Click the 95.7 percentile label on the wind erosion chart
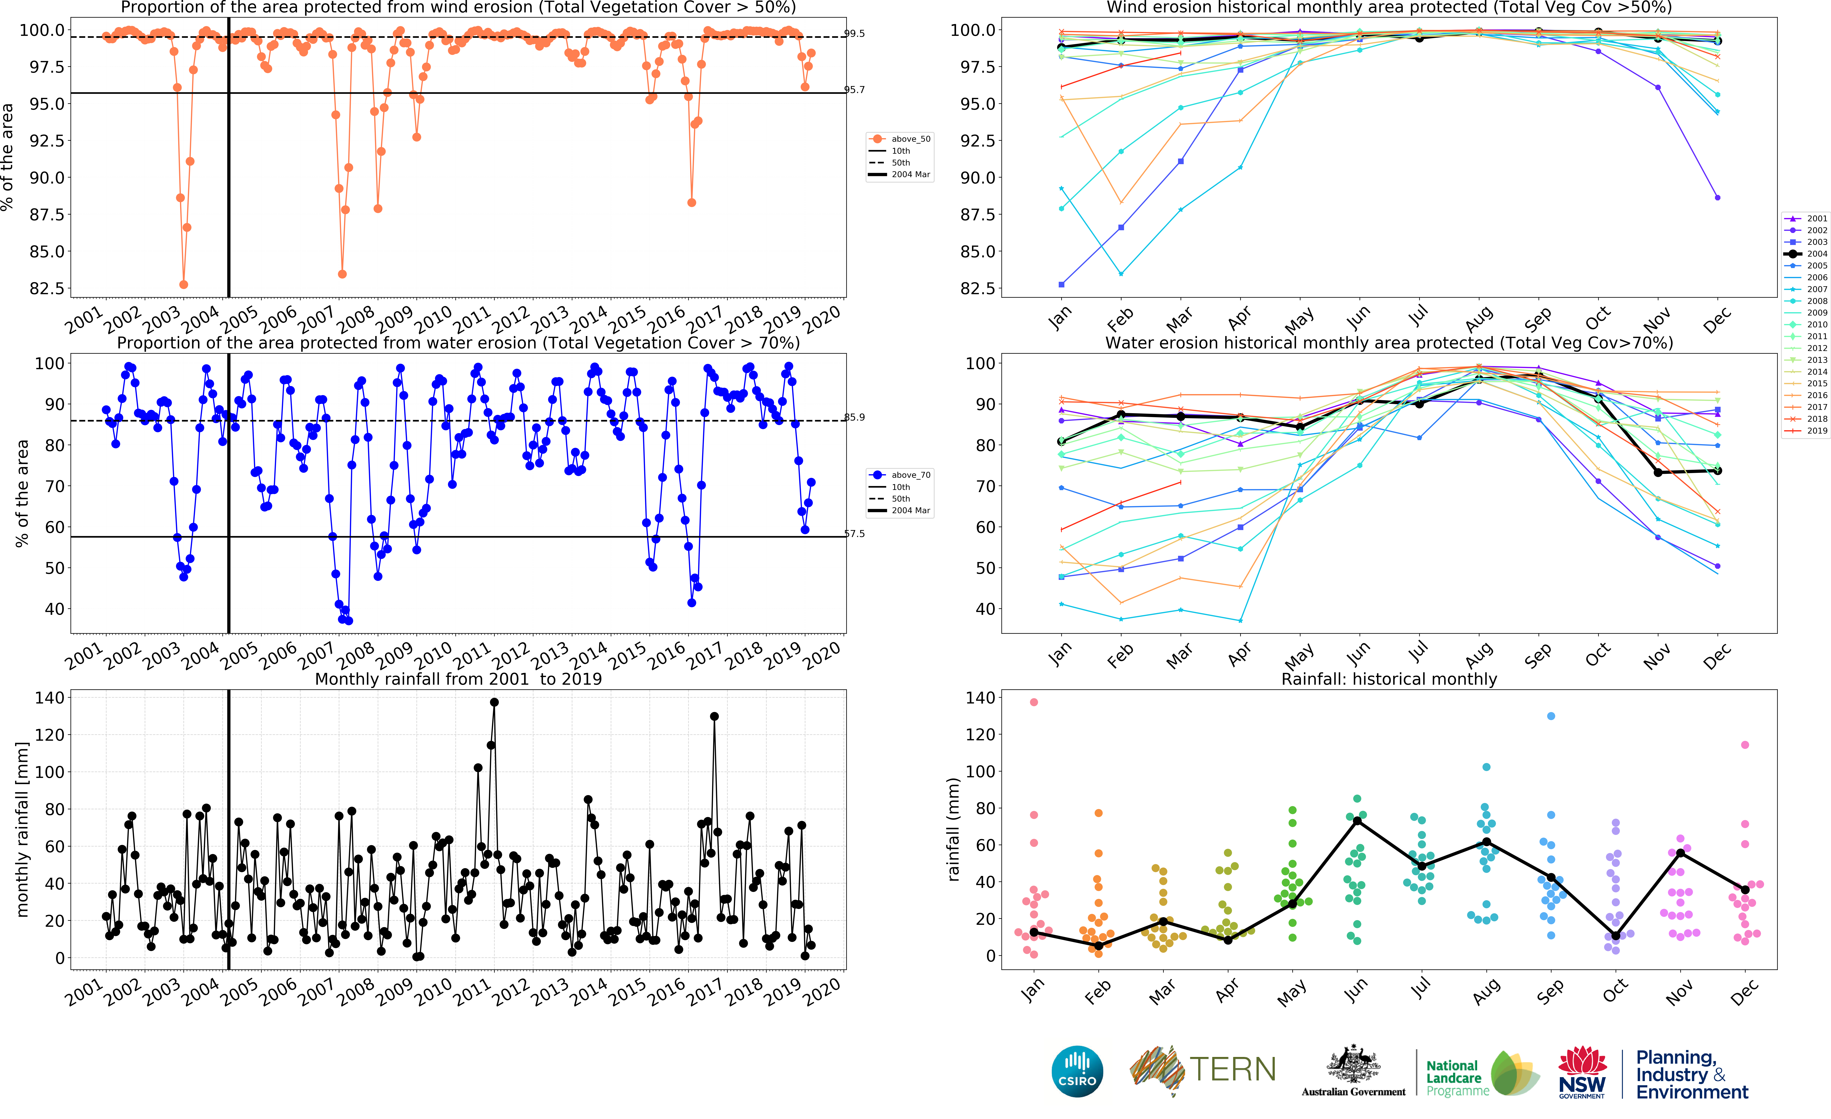[x=855, y=90]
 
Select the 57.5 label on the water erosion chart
[x=855, y=534]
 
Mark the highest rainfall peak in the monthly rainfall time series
[x=494, y=702]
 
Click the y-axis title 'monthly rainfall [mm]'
[x=22, y=829]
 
